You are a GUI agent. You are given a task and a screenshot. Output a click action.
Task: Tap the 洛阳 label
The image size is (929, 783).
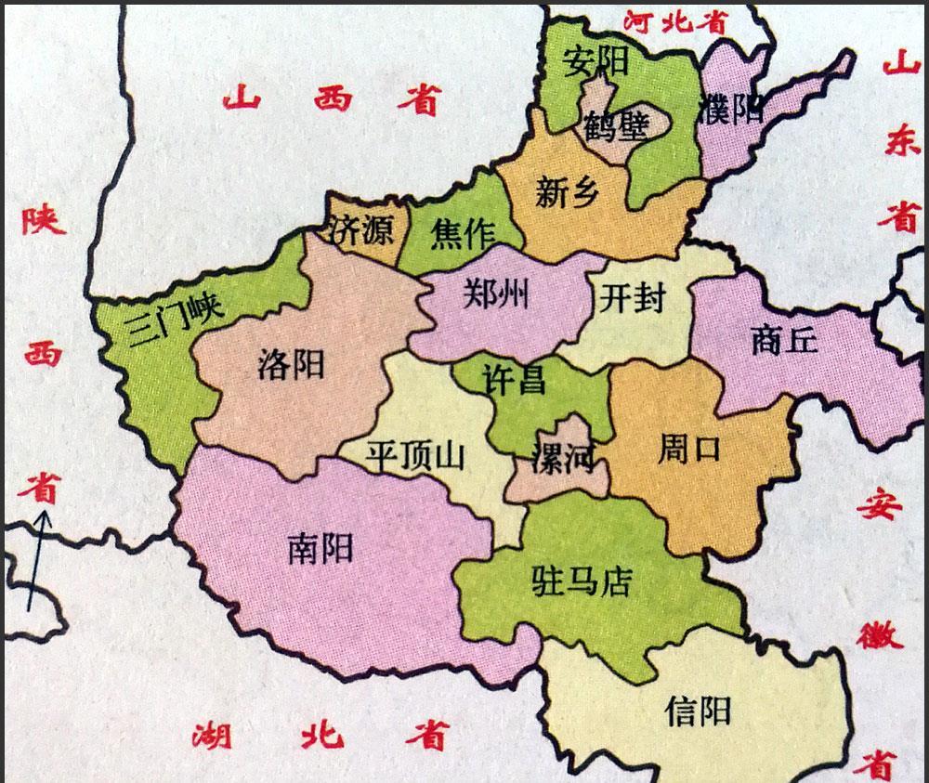(x=291, y=364)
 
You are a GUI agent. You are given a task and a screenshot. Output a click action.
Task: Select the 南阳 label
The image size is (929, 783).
(x=321, y=549)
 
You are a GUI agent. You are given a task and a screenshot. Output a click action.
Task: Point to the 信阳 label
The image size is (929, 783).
(x=698, y=711)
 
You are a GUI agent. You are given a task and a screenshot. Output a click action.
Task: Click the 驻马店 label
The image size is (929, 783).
(x=581, y=581)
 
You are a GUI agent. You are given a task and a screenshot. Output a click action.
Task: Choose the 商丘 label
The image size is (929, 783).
(x=783, y=341)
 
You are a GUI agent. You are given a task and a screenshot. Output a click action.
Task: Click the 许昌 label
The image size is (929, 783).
(x=514, y=379)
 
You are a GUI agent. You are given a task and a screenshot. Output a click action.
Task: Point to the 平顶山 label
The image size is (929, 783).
(x=414, y=457)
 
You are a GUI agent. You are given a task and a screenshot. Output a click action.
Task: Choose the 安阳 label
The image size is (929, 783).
(x=596, y=62)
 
